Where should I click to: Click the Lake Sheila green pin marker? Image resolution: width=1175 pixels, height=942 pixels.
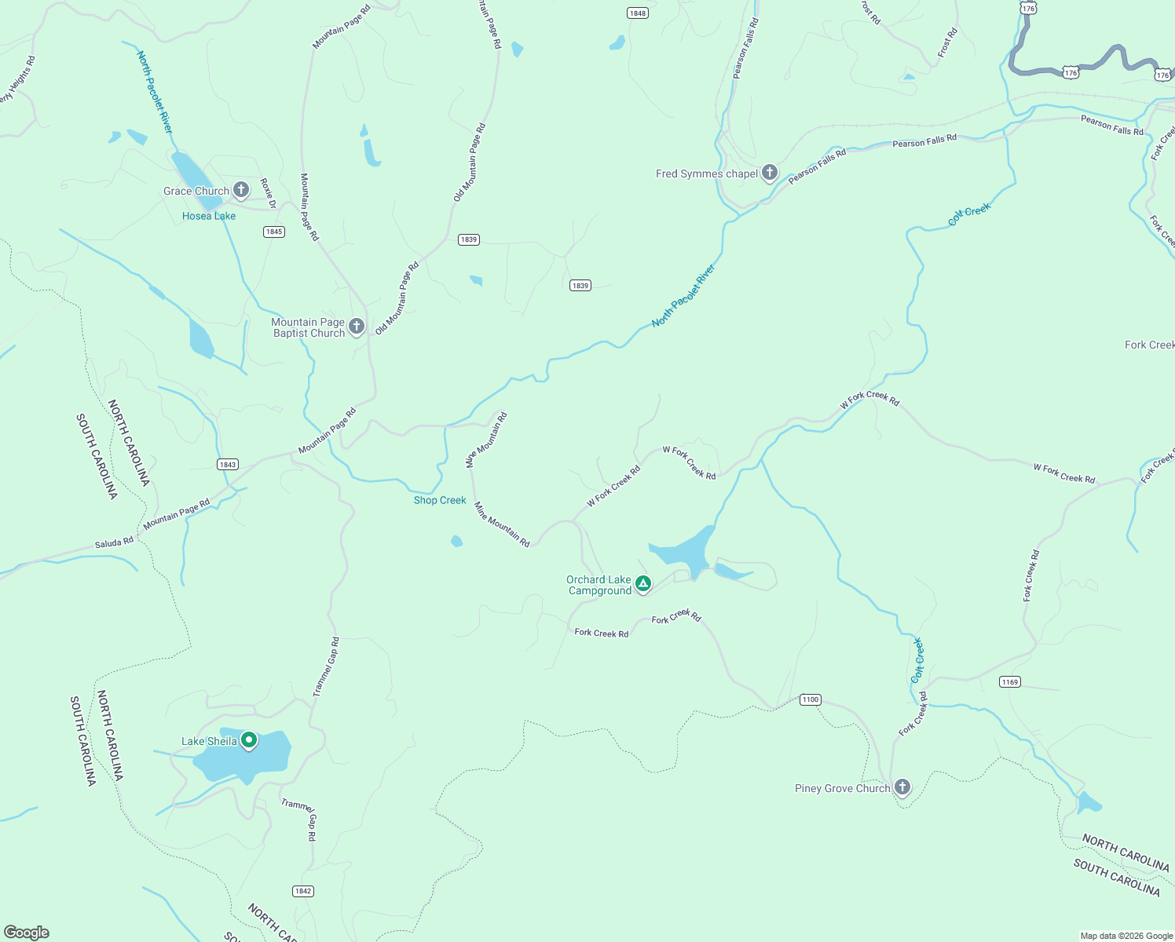(249, 740)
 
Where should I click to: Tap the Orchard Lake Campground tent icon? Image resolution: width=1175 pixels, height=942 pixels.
(643, 583)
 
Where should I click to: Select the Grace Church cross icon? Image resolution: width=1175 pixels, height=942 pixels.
(241, 189)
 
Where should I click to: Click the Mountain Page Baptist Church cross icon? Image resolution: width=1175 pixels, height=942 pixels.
(357, 327)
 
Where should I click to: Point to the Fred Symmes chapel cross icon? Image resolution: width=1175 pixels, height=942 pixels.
(770, 173)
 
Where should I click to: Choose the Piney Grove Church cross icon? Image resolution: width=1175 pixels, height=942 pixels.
(902, 787)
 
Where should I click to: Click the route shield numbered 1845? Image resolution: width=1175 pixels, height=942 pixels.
(274, 232)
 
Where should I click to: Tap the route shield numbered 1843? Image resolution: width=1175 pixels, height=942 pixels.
(228, 465)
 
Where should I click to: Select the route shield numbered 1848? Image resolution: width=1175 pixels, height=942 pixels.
(638, 13)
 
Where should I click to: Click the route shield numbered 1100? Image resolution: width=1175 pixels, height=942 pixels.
(811, 699)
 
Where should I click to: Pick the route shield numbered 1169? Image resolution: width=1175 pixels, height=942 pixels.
(1010, 682)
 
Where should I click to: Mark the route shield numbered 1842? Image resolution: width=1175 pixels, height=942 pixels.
(303, 891)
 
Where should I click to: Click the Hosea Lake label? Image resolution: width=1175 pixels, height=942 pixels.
(209, 216)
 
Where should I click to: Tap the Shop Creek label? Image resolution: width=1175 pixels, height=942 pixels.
(440, 500)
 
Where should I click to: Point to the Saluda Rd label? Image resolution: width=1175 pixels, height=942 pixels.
(114, 542)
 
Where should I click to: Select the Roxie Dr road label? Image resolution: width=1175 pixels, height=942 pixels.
(268, 193)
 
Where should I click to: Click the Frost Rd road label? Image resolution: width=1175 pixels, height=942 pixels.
(948, 42)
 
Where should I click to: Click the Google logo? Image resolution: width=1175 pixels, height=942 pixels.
(27, 933)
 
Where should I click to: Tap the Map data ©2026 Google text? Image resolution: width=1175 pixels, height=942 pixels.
(1126, 936)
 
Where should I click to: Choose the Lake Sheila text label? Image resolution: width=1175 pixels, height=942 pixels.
(209, 741)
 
